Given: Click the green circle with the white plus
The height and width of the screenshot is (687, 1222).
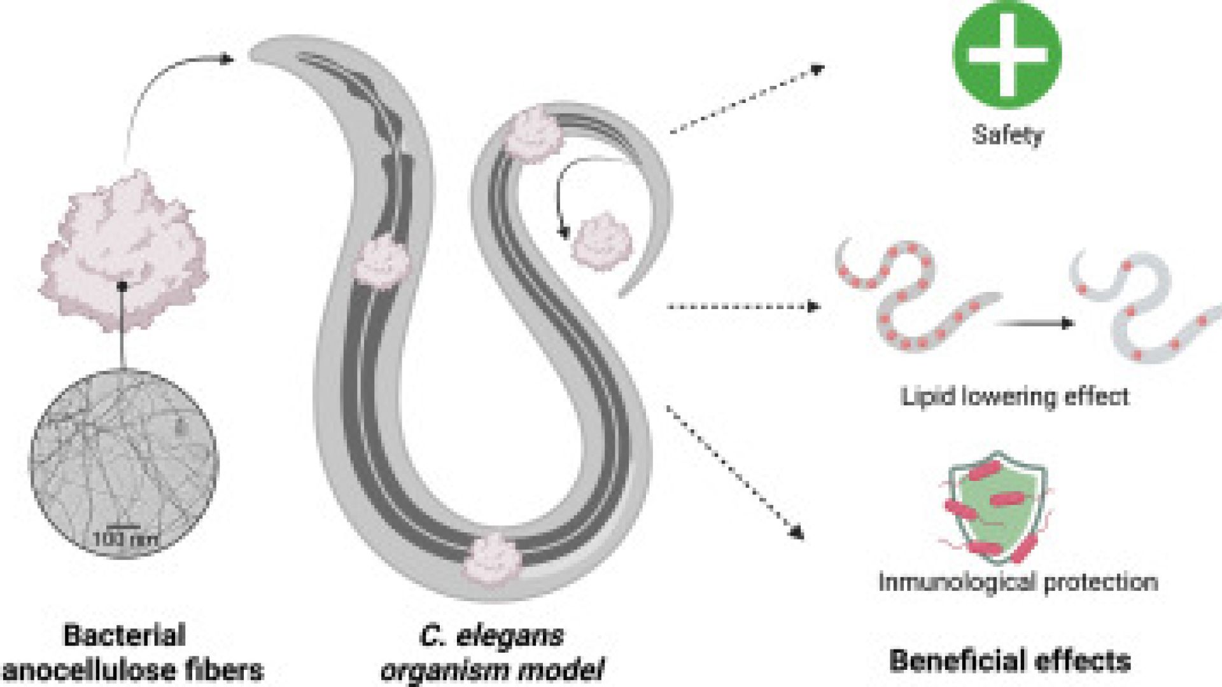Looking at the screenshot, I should coord(1007,55).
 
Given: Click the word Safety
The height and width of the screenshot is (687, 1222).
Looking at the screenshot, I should coord(1008,135).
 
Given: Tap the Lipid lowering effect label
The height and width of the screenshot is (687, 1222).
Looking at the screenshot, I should coord(1015,397).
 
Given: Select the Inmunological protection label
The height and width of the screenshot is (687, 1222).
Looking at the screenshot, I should coord(1018,582).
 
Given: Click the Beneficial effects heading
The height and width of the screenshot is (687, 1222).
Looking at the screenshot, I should coord(1010,661).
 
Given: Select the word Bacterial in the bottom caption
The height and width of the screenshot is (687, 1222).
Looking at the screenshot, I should coord(125,635).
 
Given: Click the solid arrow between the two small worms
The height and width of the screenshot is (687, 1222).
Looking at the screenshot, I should coord(1034,323).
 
